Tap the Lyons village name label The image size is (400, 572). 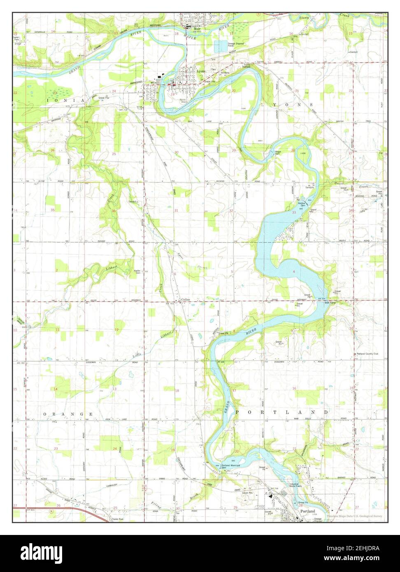[x=201, y=71]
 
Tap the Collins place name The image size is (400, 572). [x=186, y=300]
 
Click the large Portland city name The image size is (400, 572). [x=307, y=511]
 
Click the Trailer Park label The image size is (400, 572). [x=118, y=519]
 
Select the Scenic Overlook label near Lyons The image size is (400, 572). [x=247, y=66]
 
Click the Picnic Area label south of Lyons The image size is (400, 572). [x=184, y=100]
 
